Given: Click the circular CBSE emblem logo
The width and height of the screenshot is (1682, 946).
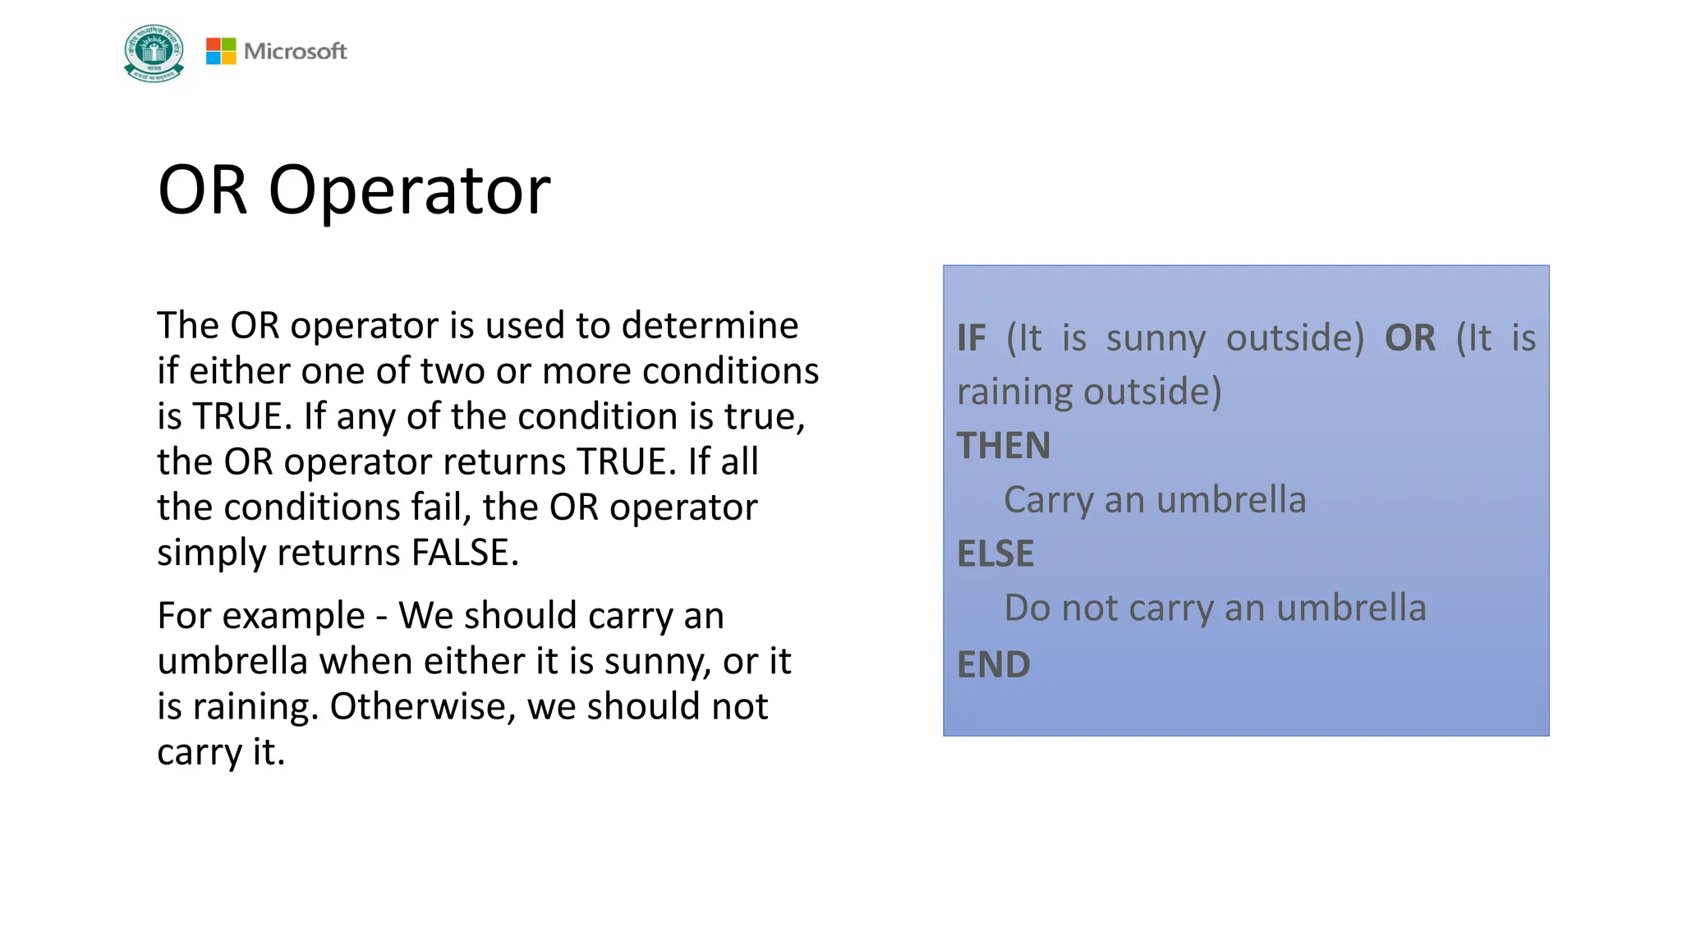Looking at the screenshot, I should pyautogui.click(x=154, y=53).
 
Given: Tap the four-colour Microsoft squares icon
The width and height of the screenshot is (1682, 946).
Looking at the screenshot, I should pyautogui.click(x=220, y=51).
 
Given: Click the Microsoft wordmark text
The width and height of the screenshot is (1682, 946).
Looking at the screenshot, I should pyautogui.click(x=296, y=51).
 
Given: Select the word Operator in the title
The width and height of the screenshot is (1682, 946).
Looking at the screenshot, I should pyautogui.click(x=409, y=191).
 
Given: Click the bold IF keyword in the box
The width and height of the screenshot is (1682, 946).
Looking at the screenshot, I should pyautogui.click(x=971, y=338).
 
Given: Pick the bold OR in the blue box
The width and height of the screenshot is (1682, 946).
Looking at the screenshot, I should pyautogui.click(x=1409, y=338).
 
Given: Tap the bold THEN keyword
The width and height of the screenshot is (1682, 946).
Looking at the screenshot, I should pyautogui.click(x=1003, y=446).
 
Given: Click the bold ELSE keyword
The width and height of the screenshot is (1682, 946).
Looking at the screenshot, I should pyautogui.click(x=995, y=553).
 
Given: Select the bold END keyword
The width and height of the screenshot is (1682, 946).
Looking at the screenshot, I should pyautogui.click(x=993, y=664).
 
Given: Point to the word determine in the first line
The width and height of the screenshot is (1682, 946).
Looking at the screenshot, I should pyautogui.click(x=710, y=325).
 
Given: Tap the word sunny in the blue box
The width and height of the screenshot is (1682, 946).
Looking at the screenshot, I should pyautogui.click(x=1156, y=338).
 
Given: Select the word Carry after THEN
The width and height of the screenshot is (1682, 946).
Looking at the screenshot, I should pyautogui.click(x=1048, y=500).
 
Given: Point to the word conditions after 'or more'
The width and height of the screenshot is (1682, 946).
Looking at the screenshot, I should pyautogui.click(x=730, y=371).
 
